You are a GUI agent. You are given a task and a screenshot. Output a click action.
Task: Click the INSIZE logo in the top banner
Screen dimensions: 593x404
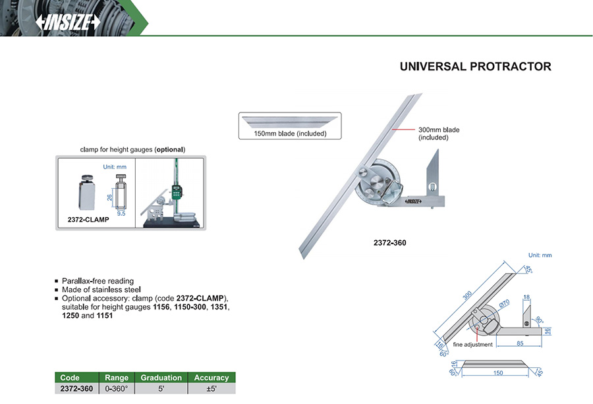tap(68, 22)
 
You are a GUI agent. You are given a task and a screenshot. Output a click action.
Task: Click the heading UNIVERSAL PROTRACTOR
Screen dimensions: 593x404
tap(475, 66)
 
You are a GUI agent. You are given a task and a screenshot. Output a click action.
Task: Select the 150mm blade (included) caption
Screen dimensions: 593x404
tap(290, 134)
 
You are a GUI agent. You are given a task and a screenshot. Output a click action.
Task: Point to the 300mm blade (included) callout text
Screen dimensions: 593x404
tap(439, 134)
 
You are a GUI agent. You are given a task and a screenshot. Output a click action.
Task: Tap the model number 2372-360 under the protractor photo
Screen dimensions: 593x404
tap(389, 243)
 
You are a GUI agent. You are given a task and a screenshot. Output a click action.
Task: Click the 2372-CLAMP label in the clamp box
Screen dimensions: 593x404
tap(88, 219)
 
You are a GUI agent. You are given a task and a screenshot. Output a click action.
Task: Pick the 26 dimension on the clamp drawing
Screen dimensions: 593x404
tap(109, 197)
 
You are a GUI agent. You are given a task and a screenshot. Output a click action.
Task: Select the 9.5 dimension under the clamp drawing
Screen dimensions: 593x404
tap(121, 213)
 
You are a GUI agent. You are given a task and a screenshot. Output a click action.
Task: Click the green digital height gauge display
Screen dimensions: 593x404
tap(176, 192)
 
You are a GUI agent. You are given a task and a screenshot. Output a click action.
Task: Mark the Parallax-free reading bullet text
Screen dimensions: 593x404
tap(98, 281)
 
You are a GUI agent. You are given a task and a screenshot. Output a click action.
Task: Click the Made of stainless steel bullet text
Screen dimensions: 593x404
tap(101, 290)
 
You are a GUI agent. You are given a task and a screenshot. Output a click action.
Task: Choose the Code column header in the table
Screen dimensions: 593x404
tap(70, 378)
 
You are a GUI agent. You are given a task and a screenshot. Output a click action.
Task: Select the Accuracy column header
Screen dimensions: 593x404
tap(212, 378)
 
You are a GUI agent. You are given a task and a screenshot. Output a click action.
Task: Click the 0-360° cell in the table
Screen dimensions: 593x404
tap(117, 388)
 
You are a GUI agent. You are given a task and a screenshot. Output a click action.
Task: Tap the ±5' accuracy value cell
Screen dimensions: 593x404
tap(212, 388)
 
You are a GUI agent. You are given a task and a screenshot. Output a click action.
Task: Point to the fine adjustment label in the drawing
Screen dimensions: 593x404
tap(472, 344)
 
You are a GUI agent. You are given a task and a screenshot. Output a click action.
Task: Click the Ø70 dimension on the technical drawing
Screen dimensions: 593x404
tap(505, 303)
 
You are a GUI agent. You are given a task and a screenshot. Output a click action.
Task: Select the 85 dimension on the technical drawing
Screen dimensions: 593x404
tap(520, 343)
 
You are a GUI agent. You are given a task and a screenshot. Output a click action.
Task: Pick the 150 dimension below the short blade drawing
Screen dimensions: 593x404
tap(497, 373)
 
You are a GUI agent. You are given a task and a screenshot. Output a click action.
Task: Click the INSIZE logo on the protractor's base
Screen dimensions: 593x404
tap(413, 201)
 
